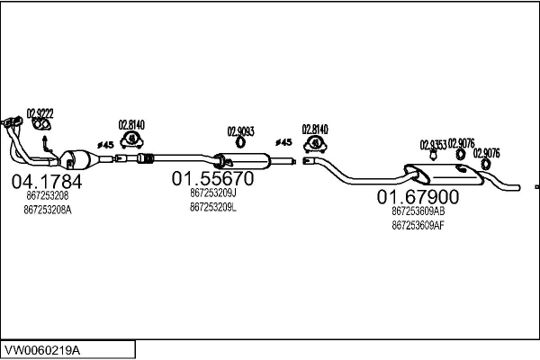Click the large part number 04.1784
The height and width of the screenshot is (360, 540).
pyautogui.click(x=46, y=182)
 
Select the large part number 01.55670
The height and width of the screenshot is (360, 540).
pyautogui.click(x=213, y=178)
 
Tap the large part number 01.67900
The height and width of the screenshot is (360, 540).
pyautogui.click(x=418, y=197)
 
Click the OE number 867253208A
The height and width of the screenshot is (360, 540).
pyautogui.click(x=49, y=209)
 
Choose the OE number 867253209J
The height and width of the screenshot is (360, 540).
pyautogui.click(x=213, y=193)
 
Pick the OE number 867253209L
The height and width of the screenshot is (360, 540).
pyautogui.click(x=213, y=207)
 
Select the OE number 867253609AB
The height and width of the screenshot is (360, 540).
pyautogui.click(x=418, y=211)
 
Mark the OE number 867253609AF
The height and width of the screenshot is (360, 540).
pyautogui.click(x=418, y=225)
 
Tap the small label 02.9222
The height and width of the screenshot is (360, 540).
pyautogui.click(x=40, y=113)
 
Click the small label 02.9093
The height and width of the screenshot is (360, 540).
pyautogui.click(x=240, y=130)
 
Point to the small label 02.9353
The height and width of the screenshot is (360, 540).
pyautogui.click(x=433, y=143)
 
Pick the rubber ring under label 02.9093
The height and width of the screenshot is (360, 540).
pyautogui.click(x=241, y=141)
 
